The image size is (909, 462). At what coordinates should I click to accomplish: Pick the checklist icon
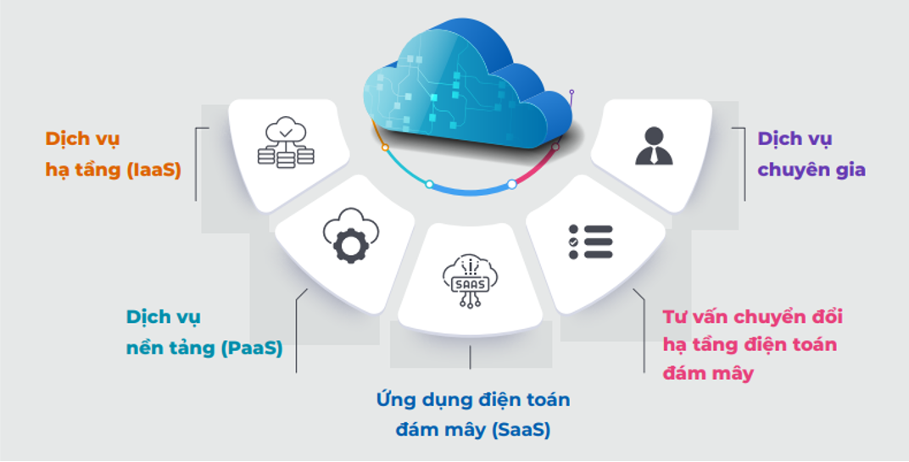pos(590,242)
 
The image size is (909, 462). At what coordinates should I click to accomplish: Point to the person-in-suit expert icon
pos(653,145)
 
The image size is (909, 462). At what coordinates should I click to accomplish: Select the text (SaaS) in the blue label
pos(521,430)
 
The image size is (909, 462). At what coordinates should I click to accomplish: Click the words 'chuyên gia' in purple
pos(811,170)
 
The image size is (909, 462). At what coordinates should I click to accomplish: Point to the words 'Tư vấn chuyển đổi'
pos(752,317)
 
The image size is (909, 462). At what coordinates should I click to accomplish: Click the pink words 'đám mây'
pos(708,373)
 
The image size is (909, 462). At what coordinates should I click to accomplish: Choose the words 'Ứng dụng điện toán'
pos(473,399)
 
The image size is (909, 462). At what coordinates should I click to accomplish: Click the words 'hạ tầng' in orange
pos(83,170)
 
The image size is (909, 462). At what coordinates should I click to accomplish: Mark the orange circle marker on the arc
pos(385,147)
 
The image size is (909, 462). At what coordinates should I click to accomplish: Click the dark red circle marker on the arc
pos(555,147)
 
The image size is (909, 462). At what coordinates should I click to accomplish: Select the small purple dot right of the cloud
pos(572,92)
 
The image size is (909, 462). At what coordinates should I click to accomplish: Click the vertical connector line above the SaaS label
pos(470,357)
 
